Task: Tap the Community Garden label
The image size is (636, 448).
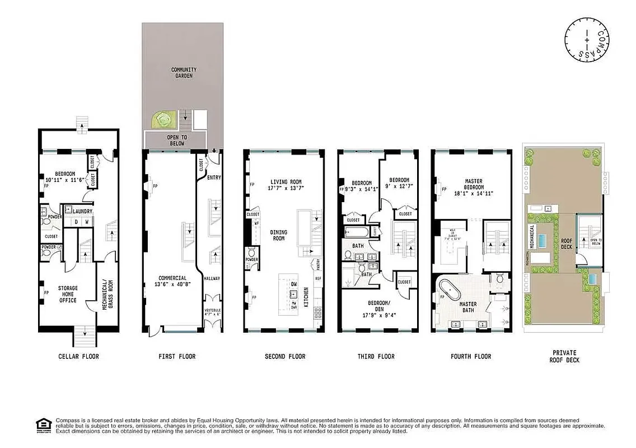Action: tap(184, 72)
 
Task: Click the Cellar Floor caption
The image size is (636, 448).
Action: tap(78, 356)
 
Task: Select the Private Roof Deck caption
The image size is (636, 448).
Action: tap(565, 357)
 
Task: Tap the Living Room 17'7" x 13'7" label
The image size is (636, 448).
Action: tap(286, 185)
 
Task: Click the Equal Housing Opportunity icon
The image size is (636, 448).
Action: tap(41, 425)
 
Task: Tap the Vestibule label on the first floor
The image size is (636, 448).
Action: tap(212, 312)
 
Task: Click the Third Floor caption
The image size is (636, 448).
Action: tap(376, 356)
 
